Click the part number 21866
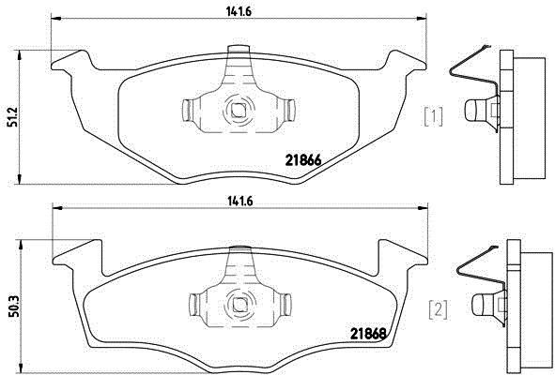point(303,161)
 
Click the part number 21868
point(367,334)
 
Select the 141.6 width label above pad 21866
point(239,11)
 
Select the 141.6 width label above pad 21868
point(239,202)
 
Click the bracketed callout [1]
point(433,117)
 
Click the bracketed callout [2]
point(439,309)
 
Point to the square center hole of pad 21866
point(238,110)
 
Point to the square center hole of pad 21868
point(240,304)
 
